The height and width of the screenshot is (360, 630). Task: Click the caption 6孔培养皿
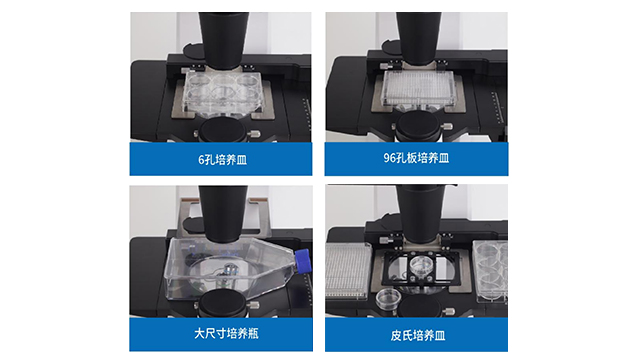[222, 160]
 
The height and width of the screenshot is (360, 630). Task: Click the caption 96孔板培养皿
[416, 158]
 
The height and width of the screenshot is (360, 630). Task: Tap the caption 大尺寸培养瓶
[226, 333]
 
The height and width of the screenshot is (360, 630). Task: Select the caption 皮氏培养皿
[418, 335]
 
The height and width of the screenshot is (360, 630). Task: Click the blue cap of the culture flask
[303, 261]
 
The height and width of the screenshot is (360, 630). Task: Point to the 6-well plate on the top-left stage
[222, 92]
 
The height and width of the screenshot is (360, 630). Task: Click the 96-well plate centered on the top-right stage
[418, 89]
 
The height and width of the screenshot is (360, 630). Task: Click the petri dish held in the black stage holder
[421, 266]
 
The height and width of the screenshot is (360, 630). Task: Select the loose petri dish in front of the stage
[388, 299]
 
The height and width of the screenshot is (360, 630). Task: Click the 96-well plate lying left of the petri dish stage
[348, 271]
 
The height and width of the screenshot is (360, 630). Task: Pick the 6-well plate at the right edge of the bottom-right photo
[491, 271]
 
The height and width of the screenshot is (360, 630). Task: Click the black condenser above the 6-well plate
[223, 39]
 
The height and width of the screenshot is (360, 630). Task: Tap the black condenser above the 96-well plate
[418, 37]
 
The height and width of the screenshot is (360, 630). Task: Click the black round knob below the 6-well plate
[223, 130]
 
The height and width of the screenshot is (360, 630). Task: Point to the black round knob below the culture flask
[223, 304]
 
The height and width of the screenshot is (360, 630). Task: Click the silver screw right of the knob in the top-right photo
[447, 127]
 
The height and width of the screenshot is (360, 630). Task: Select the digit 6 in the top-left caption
[201, 160]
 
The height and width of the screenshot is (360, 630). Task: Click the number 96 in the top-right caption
[389, 158]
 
